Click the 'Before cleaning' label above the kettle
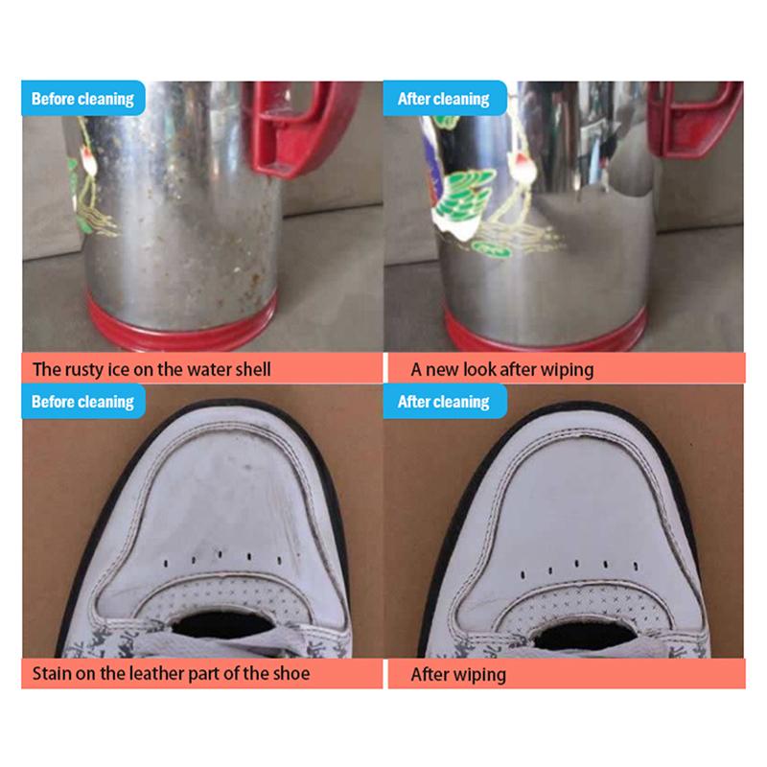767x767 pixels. [x=82, y=99]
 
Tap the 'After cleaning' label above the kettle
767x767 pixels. [x=443, y=99]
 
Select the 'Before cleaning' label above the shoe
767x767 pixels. [x=82, y=401]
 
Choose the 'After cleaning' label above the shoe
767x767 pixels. [x=443, y=401]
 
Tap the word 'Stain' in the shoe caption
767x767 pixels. [x=54, y=673]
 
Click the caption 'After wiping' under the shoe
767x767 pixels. [x=457, y=674]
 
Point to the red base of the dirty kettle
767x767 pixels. [x=182, y=321]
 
